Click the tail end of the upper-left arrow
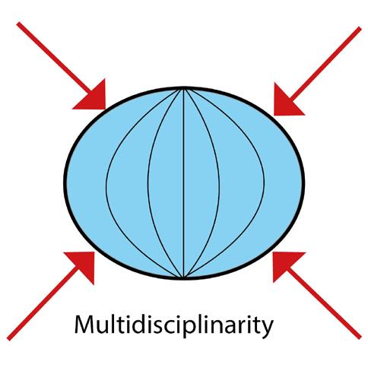click(x=18, y=24)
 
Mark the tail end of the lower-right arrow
click(x=360, y=338)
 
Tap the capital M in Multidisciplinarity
click(x=84, y=325)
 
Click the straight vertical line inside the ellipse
click(x=183, y=183)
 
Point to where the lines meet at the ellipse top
click(x=183, y=89)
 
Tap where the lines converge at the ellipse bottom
click(x=183, y=277)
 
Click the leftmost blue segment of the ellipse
click(x=86, y=183)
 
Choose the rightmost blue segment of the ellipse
click(x=283, y=183)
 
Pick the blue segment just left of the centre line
click(x=166, y=183)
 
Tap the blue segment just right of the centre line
click(x=201, y=183)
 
